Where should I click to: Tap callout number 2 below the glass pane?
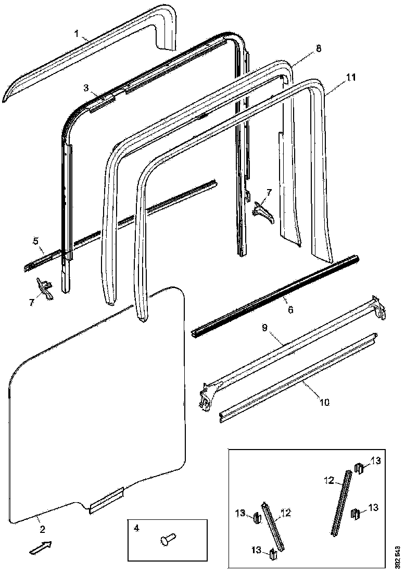click(42, 529)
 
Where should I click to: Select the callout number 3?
click(86, 88)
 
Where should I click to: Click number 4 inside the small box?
click(136, 528)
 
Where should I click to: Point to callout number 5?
click(35, 241)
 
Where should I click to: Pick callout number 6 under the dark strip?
click(290, 309)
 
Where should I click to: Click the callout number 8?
click(319, 48)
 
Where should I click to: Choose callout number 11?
click(351, 77)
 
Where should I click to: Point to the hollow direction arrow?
click(40, 547)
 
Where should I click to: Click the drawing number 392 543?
click(398, 556)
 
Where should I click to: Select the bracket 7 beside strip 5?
click(45, 288)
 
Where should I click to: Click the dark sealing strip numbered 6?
click(276, 295)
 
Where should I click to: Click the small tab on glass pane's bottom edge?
click(106, 501)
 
